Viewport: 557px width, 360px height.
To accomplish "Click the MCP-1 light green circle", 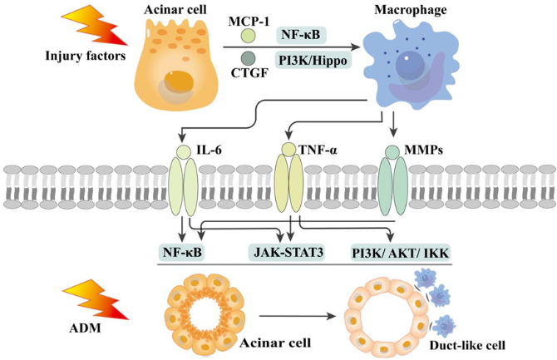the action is coord(248,36).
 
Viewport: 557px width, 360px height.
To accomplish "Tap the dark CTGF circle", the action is coord(248,58).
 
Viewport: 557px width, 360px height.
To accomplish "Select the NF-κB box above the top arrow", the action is coord(301,35).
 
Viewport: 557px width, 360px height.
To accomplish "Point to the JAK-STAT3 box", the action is coord(286,253).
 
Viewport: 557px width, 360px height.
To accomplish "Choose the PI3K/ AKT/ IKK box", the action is coord(401,253).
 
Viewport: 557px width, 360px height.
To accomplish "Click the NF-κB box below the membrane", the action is coord(182,253).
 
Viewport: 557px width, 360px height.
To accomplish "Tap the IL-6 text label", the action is coord(209,150).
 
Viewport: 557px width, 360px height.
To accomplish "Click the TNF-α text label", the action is coord(318,150).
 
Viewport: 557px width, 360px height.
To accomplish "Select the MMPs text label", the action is coord(423,150).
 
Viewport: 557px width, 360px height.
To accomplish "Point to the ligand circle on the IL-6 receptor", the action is coord(183,151).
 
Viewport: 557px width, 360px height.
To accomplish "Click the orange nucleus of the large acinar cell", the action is coord(179,82).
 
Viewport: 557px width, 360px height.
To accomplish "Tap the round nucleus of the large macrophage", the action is coord(411,67).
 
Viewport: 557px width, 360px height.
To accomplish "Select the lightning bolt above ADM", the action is coord(96,299).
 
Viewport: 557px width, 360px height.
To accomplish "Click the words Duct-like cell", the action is coord(467,345).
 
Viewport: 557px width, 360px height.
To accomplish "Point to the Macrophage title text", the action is coord(411,10).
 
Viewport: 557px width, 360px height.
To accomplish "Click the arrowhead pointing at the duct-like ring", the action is coord(332,316).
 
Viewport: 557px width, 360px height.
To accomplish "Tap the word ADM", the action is coord(85,328).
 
